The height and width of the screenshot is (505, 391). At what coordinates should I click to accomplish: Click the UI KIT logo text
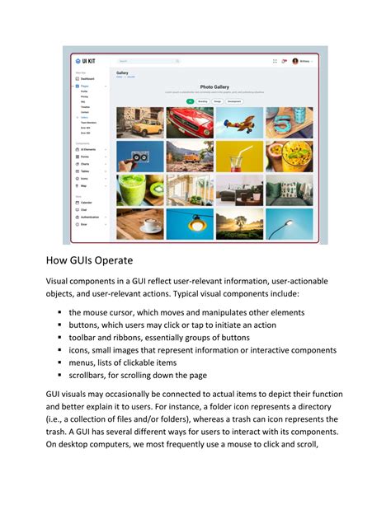(x=87, y=61)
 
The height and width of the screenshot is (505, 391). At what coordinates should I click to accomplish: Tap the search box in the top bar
(x=148, y=61)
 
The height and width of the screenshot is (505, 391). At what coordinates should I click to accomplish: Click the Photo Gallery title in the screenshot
(x=214, y=86)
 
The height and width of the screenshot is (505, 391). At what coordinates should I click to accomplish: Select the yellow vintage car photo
(x=140, y=123)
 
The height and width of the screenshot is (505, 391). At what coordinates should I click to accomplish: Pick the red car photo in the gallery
(x=190, y=123)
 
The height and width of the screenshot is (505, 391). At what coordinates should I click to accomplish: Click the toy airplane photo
(x=239, y=123)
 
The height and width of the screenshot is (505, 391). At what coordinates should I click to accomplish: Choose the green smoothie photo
(x=140, y=189)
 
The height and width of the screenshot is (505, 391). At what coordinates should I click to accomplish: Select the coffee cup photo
(x=140, y=223)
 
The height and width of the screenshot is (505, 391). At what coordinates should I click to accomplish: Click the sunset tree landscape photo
(x=239, y=223)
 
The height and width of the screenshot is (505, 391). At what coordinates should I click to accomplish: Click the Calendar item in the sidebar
(x=87, y=202)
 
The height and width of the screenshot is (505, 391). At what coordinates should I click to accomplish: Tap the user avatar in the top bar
(x=295, y=61)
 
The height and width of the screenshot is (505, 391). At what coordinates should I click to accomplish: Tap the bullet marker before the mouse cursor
(x=60, y=313)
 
